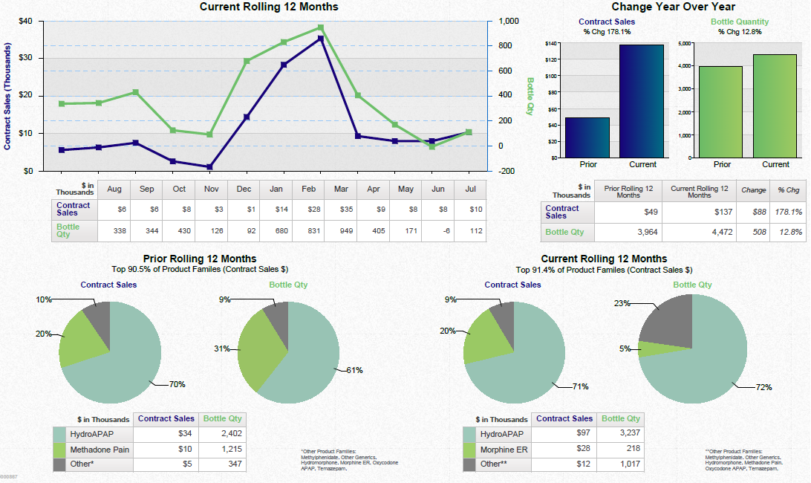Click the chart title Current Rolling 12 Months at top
[x=269, y=7]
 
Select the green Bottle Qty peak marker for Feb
[x=320, y=27]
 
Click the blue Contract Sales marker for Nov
[x=209, y=167]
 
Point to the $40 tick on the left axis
[x=26, y=21]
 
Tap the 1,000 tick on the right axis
[x=508, y=21]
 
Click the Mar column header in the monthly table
[x=341, y=189]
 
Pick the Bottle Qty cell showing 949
[x=341, y=231]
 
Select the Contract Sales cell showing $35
[x=341, y=210]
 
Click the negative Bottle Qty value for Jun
[x=437, y=231]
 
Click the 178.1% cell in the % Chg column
[x=788, y=212]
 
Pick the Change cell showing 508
[x=754, y=232]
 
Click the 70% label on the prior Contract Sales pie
[x=177, y=384]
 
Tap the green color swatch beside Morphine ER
[x=469, y=450]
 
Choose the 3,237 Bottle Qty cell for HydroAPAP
[x=621, y=433]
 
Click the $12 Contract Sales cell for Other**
[x=564, y=464]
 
